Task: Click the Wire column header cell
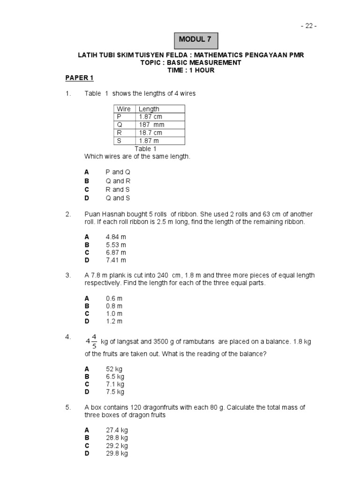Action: click(124, 109)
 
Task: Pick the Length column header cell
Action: click(149, 109)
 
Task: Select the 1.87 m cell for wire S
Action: click(149, 141)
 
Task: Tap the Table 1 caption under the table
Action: click(146, 149)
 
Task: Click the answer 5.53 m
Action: click(116, 245)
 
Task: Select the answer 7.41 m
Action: click(116, 260)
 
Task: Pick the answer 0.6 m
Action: click(114, 298)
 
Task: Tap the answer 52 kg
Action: click(114, 369)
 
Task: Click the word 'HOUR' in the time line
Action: click(207, 70)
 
